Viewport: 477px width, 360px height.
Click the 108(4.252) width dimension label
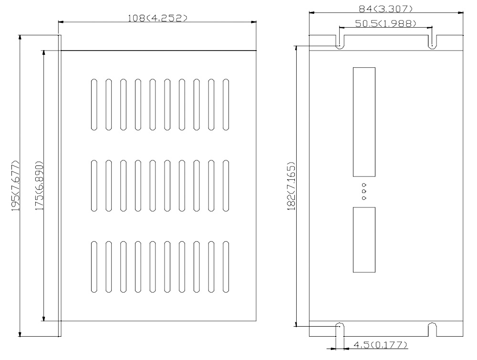click(x=157, y=18)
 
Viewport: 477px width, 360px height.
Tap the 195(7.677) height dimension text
click(x=16, y=186)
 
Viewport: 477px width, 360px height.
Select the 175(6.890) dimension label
click(x=39, y=186)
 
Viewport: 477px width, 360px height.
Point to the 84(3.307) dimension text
click(x=386, y=9)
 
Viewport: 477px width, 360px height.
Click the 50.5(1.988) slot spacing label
click(x=385, y=23)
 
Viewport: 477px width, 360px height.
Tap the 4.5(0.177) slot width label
click(x=380, y=345)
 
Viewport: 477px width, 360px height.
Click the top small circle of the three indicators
click(x=364, y=185)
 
